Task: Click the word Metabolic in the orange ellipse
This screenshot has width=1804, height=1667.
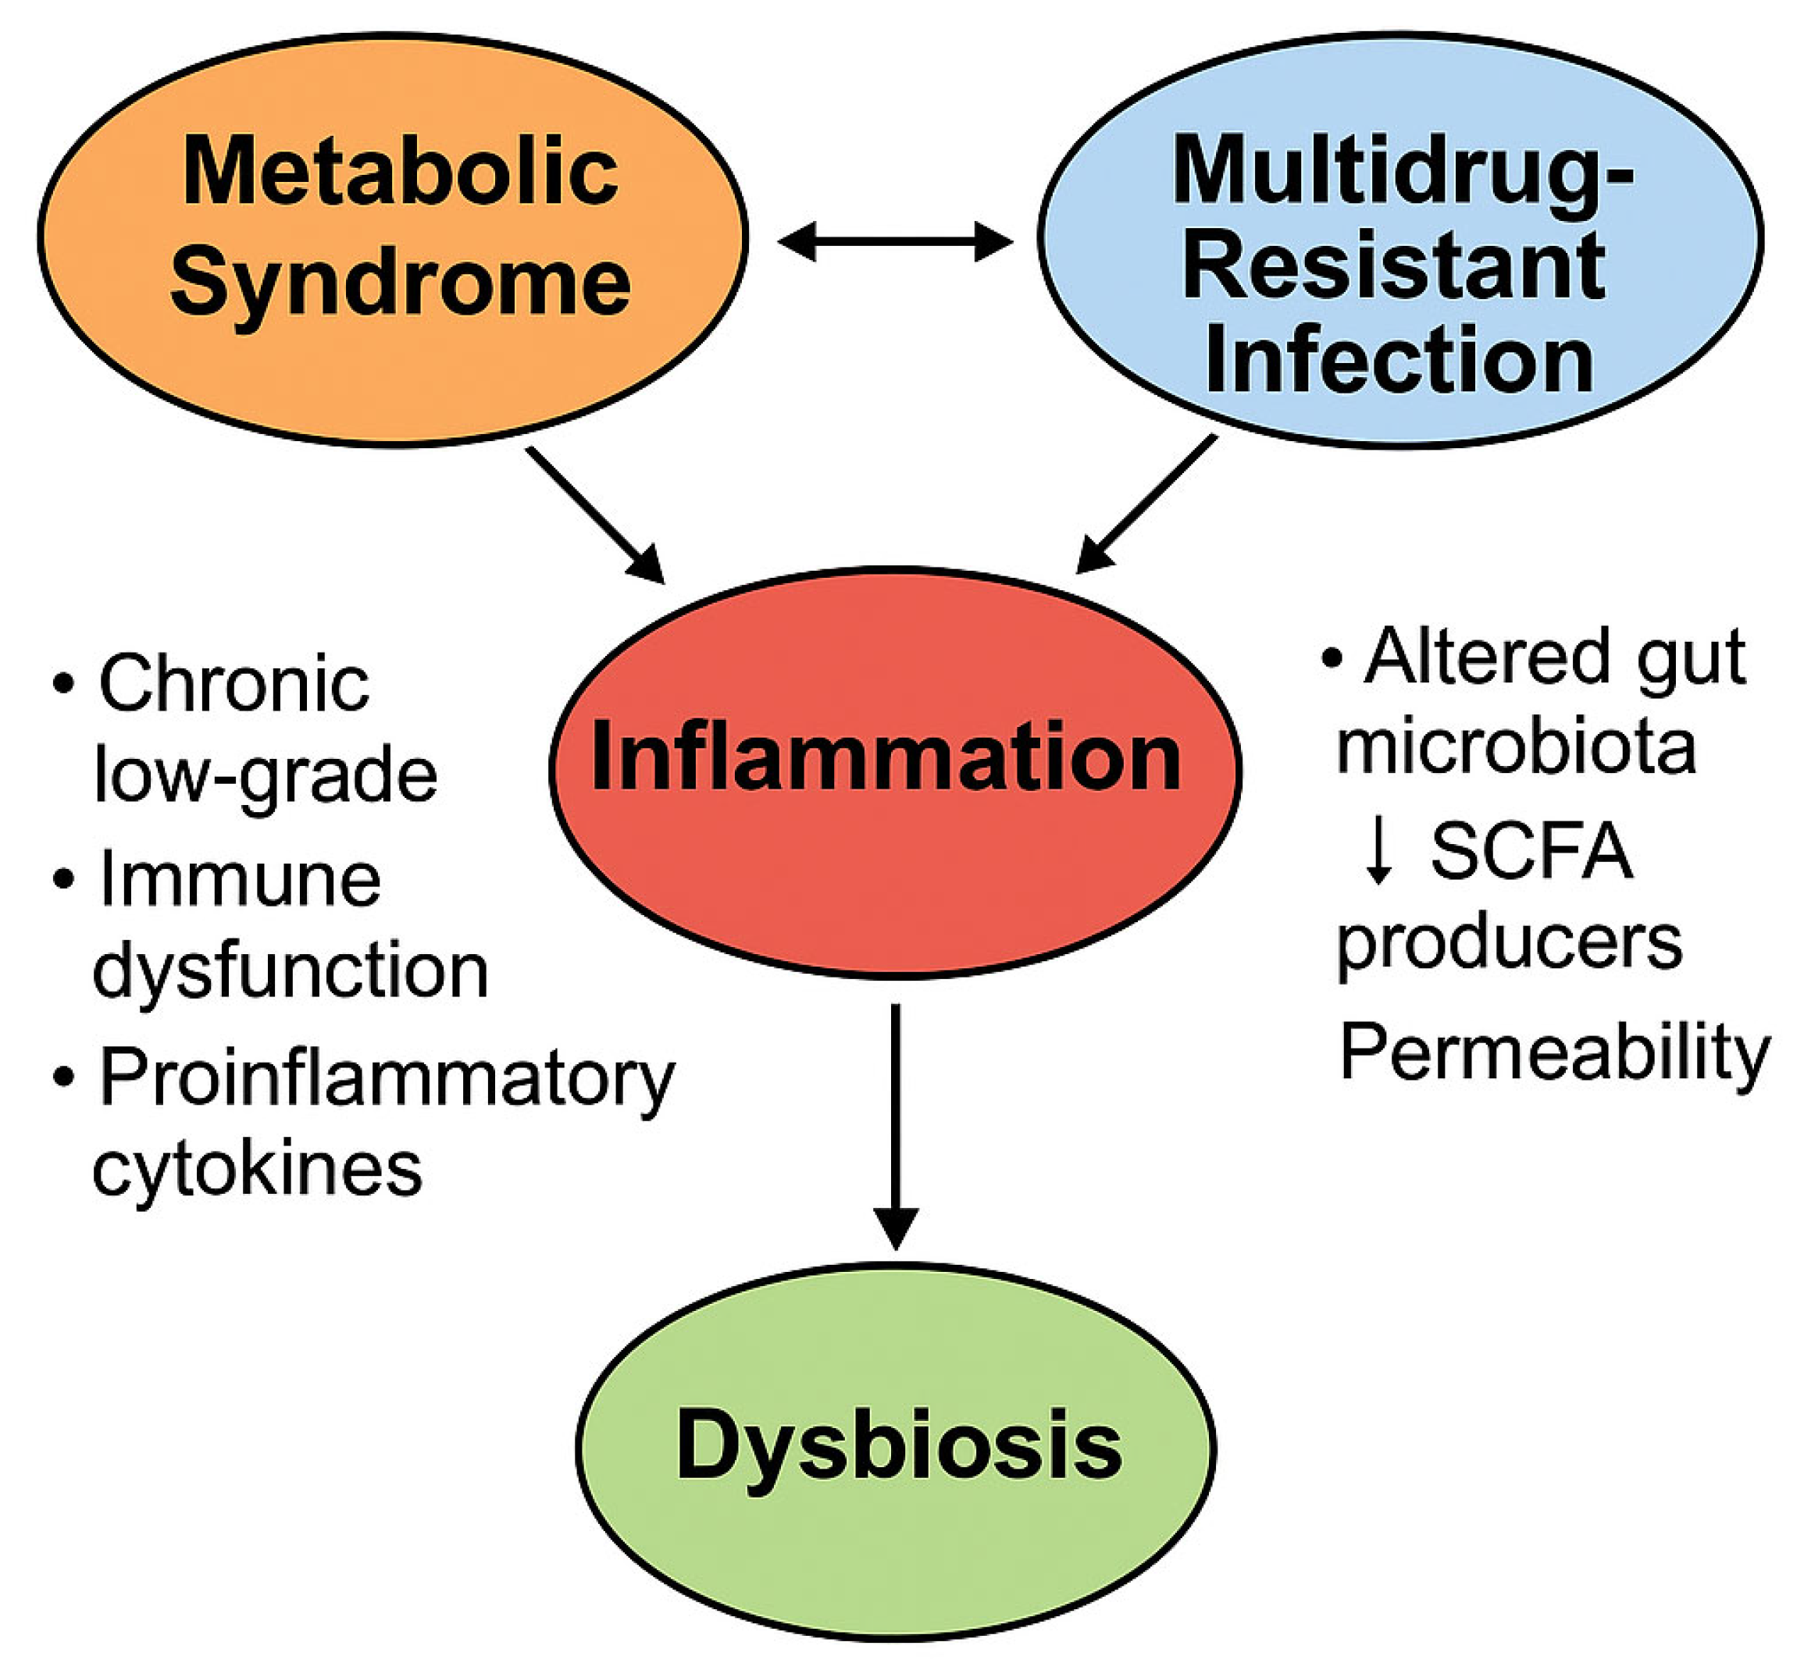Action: [401, 172]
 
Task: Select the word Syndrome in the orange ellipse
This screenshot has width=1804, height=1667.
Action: [401, 284]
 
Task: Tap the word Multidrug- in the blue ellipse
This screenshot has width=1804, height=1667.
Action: [1402, 172]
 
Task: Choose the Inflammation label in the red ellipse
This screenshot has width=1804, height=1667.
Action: [886, 757]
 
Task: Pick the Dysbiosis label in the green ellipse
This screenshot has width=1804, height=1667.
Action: [900, 1446]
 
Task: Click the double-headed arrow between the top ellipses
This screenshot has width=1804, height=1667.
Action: [894, 242]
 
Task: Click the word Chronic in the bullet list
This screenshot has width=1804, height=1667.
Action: [234, 685]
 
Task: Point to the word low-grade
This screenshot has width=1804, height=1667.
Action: [266, 776]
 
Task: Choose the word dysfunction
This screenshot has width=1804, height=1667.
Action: [291, 971]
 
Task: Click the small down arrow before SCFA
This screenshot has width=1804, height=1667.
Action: [1378, 853]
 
